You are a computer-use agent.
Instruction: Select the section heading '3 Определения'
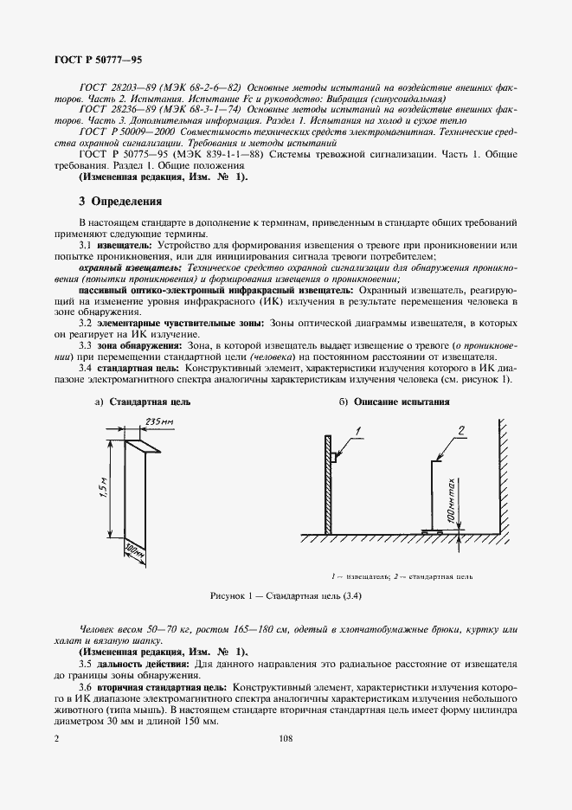(120, 202)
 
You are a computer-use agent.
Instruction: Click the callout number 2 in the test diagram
(461, 429)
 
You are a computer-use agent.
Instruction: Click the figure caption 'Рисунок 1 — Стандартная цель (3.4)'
(286, 597)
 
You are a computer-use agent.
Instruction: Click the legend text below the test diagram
(402, 575)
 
